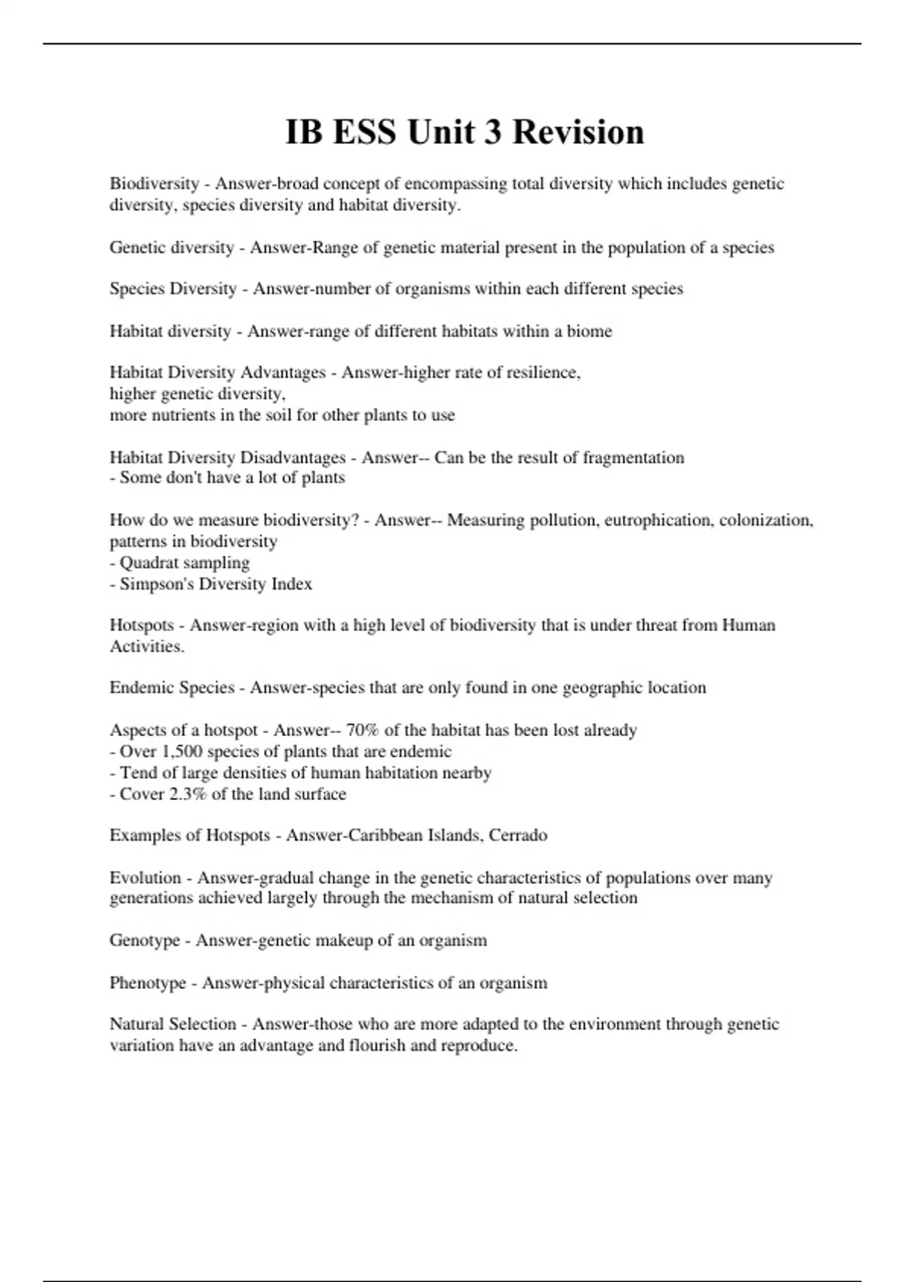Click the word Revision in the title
click(578, 132)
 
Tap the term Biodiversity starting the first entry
click(155, 184)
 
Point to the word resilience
click(542, 373)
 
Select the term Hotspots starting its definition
click(142, 625)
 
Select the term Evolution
click(146, 878)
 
